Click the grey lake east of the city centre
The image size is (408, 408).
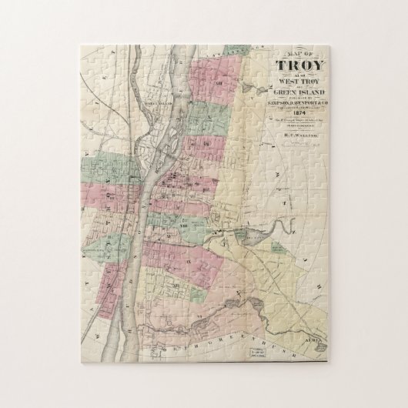253,237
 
